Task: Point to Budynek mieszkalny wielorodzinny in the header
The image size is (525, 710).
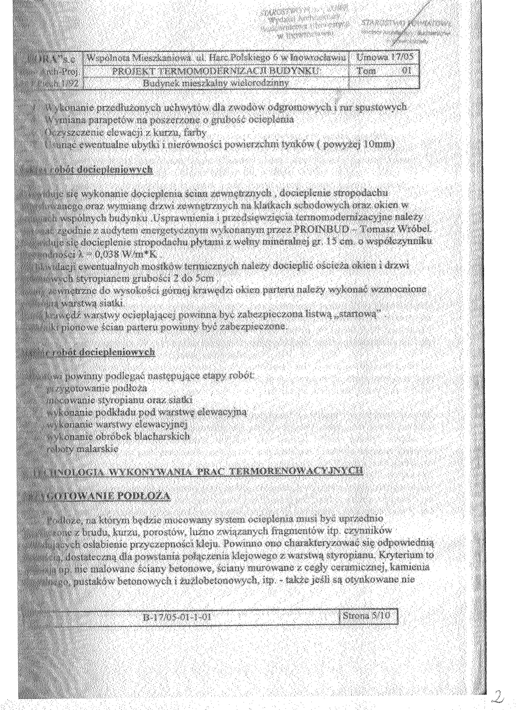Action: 216,83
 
